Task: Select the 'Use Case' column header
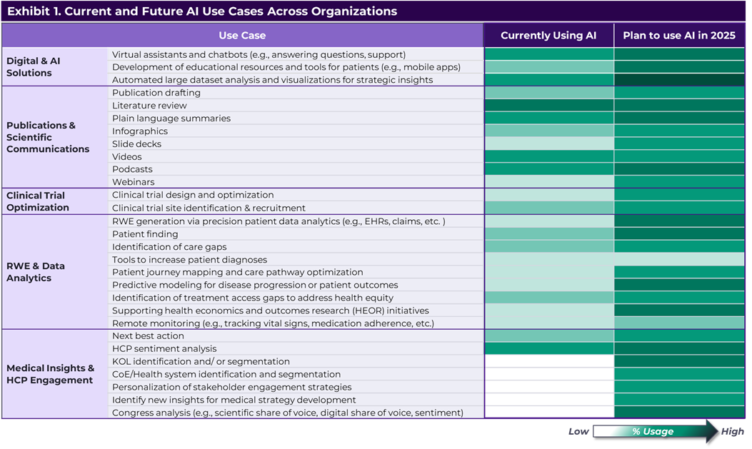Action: (242, 35)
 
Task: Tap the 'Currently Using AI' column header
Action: (548, 35)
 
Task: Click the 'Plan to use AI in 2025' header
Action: (678, 35)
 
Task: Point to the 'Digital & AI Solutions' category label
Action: (34, 67)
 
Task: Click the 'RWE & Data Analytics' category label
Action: (36, 272)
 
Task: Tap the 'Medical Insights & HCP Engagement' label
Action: (50, 374)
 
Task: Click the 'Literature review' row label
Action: (149, 106)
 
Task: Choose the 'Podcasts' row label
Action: (132, 169)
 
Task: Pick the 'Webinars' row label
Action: (133, 182)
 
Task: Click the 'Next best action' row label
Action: (148, 336)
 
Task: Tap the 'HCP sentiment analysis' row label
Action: (164, 348)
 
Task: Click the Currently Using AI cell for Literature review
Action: (548, 106)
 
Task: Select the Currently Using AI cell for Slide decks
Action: (548, 143)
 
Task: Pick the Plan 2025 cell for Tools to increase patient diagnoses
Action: (678, 259)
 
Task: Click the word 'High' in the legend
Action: (732, 431)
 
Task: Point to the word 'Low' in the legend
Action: (578, 431)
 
